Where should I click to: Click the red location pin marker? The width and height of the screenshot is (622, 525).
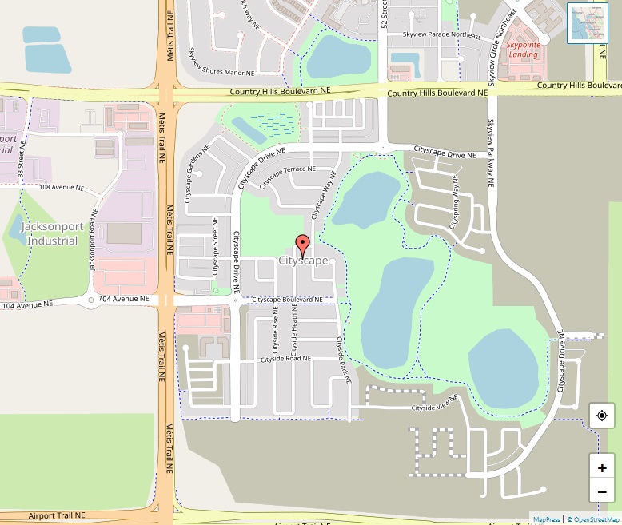(302, 245)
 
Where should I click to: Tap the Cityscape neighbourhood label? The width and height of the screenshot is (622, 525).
(303, 261)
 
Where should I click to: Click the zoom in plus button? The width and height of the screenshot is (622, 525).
(602, 467)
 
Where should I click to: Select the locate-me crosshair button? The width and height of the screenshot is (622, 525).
(602, 416)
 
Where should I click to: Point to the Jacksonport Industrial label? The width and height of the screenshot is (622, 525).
(50, 233)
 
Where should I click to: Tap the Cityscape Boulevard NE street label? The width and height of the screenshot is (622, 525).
(287, 300)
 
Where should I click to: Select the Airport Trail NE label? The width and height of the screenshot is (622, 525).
(57, 515)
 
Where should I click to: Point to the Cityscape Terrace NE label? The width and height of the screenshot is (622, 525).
(288, 173)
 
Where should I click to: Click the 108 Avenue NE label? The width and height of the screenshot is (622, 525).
(62, 187)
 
